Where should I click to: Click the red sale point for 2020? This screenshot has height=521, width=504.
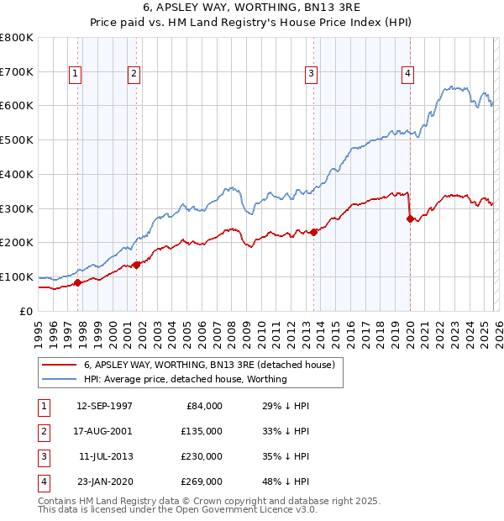click(x=410, y=218)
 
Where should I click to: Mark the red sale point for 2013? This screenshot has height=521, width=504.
click(x=313, y=232)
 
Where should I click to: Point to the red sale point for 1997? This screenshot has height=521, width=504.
click(x=78, y=282)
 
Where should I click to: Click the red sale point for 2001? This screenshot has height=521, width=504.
click(x=136, y=265)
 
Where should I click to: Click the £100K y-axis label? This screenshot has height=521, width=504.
click(x=16, y=276)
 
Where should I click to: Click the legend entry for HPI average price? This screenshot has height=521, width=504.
click(x=186, y=379)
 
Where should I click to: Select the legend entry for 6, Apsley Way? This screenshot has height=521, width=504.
click(x=209, y=365)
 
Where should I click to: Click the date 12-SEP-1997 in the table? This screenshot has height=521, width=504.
click(x=103, y=406)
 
